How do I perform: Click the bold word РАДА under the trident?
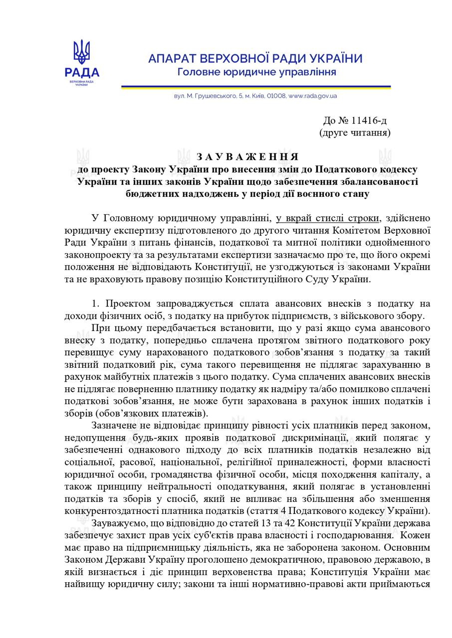click(x=82, y=73)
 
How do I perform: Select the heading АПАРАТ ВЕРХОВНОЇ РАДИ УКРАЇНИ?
click(x=255, y=59)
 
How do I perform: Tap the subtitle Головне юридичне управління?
click(x=257, y=72)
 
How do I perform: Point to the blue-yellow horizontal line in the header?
click(x=255, y=87)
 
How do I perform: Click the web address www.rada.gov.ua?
click(x=313, y=96)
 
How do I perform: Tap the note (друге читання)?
click(x=355, y=133)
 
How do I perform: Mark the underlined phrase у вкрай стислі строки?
click(x=327, y=218)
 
